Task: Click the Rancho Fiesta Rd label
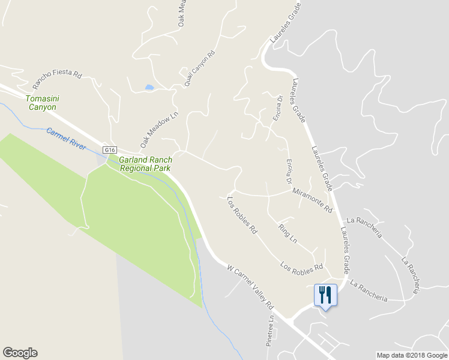coord(57,74)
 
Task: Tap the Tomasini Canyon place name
coord(41,103)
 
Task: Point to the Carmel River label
coord(66,139)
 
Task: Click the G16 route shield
coord(109,150)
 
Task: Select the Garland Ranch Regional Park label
coord(145,164)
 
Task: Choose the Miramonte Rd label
coord(312,200)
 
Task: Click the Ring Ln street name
coord(288,233)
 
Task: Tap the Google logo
coord(20,353)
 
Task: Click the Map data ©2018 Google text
coord(412,355)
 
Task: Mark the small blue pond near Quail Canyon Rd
coord(149,88)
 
